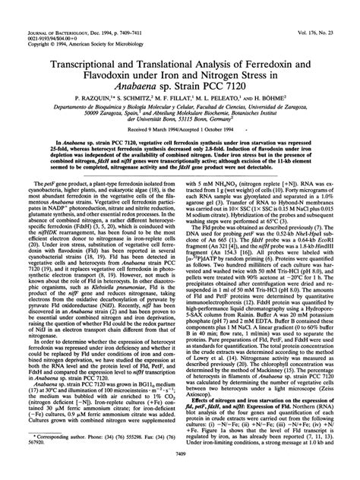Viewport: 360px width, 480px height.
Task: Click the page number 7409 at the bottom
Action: pos(180,473)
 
